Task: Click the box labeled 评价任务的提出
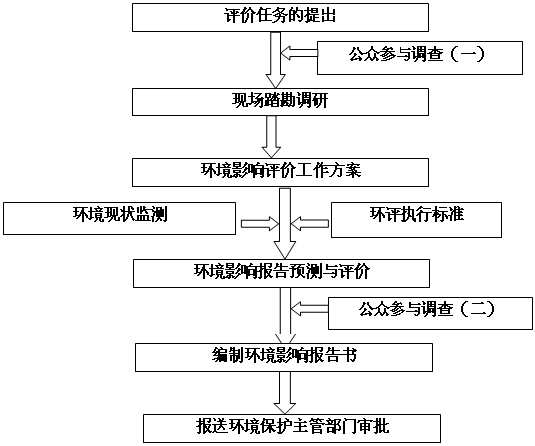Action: [x=280, y=17]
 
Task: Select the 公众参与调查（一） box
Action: [x=419, y=58]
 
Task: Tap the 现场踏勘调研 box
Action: [x=280, y=102]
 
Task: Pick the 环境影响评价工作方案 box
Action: [x=280, y=172]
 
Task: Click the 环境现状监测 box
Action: [x=120, y=218]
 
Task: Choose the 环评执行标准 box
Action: [x=416, y=220]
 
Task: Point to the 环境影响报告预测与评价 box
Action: [x=281, y=273]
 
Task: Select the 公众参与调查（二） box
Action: [x=430, y=313]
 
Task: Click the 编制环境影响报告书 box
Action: [x=284, y=357]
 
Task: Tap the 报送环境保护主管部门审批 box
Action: [x=292, y=428]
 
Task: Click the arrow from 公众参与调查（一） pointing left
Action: [x=299, y=53]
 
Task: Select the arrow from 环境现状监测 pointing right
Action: [x=260, y=224]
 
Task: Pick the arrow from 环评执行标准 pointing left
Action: [x=310, y=224]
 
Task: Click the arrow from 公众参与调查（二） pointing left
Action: [x=309, y=309]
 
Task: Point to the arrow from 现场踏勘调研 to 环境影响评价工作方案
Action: [x=271, y=137]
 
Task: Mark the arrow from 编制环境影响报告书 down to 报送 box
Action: [x=285, y=393]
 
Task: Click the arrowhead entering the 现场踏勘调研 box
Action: [x=275, y=82]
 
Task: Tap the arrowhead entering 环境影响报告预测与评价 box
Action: [x=285, y=251]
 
